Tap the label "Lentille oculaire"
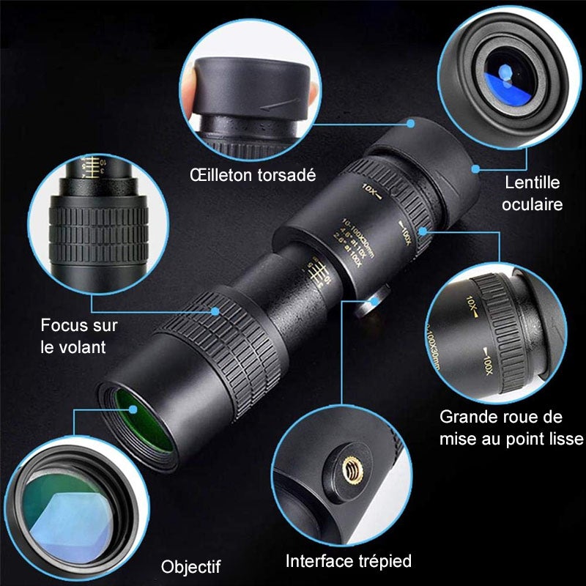tap(533, 193)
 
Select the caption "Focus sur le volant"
tap(79, 335)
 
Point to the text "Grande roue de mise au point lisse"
tap(511, 428)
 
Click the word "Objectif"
tap(190, 566)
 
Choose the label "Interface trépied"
tap(349, 561)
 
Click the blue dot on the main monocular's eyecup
tap(410, 124)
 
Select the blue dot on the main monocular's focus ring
tap(215, 311)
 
